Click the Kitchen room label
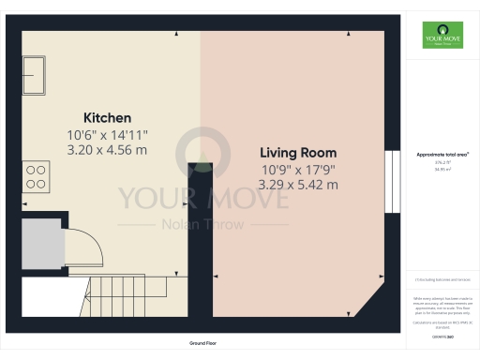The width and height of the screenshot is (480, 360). (x=108, y=118)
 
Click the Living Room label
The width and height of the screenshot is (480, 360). (x=298, y=153)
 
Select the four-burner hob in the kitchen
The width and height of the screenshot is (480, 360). (x=37, y=175)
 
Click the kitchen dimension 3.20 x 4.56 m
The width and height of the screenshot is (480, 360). (x=107, y=150)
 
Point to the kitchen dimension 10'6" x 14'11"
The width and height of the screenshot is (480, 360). (x=107, y=135)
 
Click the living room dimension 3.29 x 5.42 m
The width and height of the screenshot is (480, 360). (x=299, y=185)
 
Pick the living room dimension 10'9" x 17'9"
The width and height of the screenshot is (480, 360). (x=299, y=170)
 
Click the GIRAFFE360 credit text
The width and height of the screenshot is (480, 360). (x=442, y=335)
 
